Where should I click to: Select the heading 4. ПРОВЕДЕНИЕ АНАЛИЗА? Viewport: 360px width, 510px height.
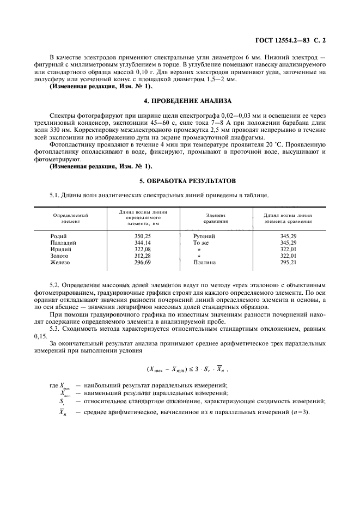pos(180,101)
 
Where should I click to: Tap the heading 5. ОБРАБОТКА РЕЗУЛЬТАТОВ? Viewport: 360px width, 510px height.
pos(180,180)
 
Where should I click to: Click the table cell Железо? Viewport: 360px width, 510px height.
pos(60,262)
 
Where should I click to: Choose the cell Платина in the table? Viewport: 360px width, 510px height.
pos(204,262)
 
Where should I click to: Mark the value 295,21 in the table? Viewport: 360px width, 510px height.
pos(288,262)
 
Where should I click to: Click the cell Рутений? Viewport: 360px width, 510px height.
pos(204,236)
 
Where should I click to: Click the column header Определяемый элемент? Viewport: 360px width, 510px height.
pos(70,218)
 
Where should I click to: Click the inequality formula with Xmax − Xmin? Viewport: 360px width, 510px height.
pos(180,368)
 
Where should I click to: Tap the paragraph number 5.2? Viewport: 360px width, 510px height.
pos(55,284)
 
